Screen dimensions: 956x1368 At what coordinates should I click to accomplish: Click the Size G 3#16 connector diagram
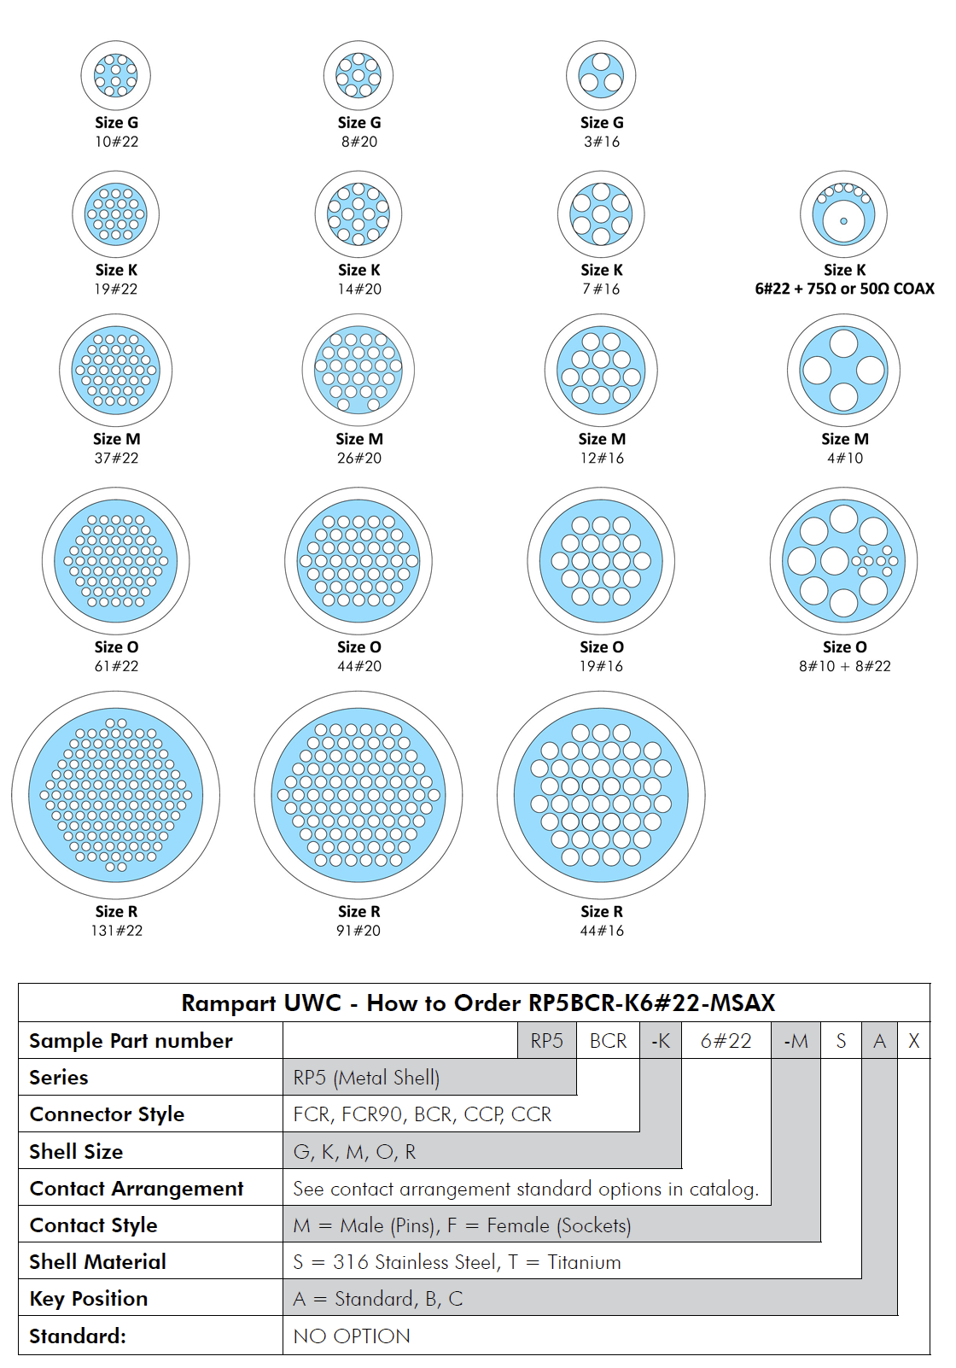pos(601,76)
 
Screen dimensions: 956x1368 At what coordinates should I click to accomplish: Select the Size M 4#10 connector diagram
pos(843,370)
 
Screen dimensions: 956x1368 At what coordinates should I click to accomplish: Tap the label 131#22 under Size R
pos(117,930)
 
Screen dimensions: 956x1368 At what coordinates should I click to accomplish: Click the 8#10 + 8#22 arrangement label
pos(845,666)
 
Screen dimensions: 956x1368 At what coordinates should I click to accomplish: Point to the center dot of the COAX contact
pos(843,221)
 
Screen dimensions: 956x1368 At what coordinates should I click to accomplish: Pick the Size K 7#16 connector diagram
pos(601,214)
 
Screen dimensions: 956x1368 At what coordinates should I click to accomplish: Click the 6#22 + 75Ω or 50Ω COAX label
pos(845,289)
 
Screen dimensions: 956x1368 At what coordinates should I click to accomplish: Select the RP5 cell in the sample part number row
pos(546,1040)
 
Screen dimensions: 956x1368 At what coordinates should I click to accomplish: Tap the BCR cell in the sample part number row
pos(608,1040)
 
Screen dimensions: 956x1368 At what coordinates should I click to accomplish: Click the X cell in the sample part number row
pos(913,1040)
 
